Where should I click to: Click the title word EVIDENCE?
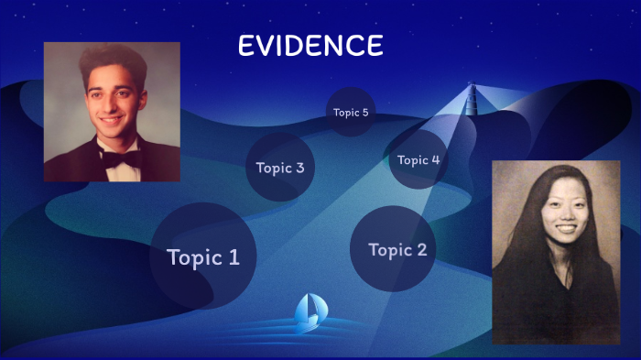(310, 46)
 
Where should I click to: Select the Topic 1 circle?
(202, 256)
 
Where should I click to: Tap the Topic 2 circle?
(393, 249)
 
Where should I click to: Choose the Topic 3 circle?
(280, 167)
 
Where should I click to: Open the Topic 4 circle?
(418, 159)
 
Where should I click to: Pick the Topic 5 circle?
(351, 113)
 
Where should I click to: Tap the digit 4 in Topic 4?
(435, 160)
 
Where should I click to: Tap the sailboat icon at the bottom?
(308, 313)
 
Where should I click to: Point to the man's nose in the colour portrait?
(111, 104)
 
